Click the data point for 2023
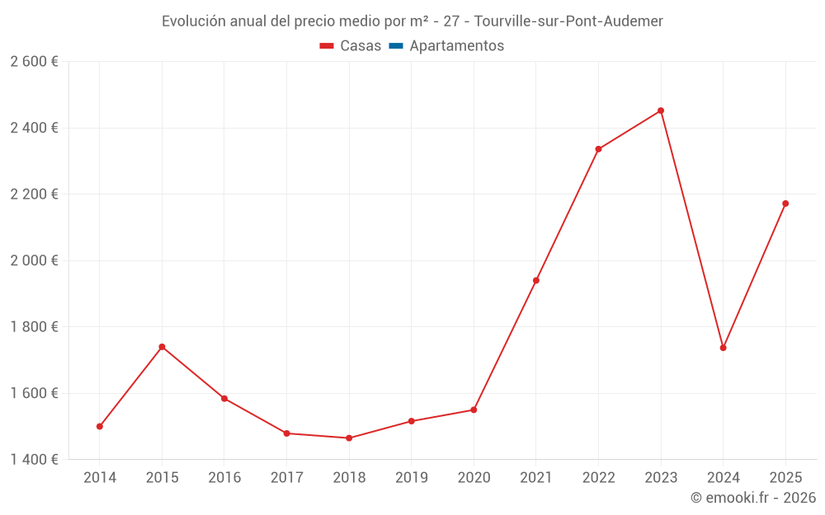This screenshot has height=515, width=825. click(x=661, y=110)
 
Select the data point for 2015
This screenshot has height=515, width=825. click(x=162, y=347)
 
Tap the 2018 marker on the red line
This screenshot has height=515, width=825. click(x=349, y=438)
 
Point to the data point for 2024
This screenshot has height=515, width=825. click(x=724, y=348)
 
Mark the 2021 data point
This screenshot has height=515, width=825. click(x=536, y=280)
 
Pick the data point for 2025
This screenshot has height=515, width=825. click(x=785, y=204)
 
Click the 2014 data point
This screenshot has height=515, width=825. click(x=100, y=427)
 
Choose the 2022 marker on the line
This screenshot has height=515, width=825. click(x=598, y=149)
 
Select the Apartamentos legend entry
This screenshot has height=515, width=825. click(x=456, y=46)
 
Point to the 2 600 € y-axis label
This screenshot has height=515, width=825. click(x=34, y=62)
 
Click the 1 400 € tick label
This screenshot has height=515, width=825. click(x=34, y=459)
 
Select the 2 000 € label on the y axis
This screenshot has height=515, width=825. click(x=34, y=260)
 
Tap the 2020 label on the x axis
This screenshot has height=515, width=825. click(x=474, y=478)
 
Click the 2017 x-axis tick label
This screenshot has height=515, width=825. click(x=286, y=478)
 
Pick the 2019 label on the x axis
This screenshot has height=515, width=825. click(x=411, y=478)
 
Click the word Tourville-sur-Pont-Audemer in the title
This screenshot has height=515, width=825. click(x=568, y=21)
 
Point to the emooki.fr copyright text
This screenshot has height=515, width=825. click(x=753, y=498)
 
